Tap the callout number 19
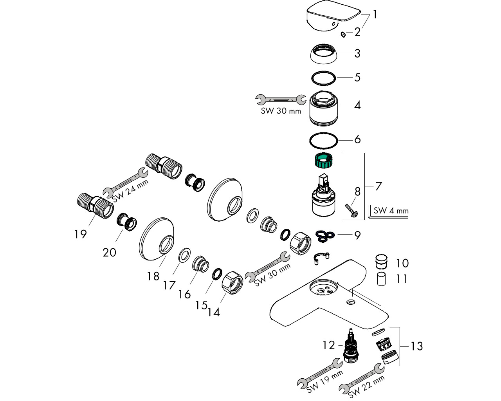click(80, 234)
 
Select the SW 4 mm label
click(391, 211)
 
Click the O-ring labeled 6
click(323, 141)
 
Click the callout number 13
click(417, 346)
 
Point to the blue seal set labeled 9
click(324, 235)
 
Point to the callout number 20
click(110, 253)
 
